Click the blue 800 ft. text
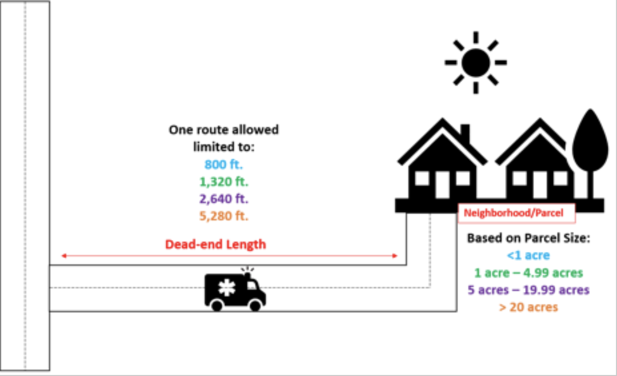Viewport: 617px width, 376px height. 223,165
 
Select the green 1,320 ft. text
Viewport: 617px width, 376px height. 223,182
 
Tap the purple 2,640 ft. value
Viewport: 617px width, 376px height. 223,199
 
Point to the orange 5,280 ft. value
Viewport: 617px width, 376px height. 223,216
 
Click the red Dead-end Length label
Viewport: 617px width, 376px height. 216,244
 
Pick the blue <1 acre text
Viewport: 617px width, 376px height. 528,255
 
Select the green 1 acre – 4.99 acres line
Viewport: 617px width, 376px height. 528,273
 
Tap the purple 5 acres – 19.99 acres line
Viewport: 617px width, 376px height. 528,290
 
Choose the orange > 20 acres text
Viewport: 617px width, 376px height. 528,307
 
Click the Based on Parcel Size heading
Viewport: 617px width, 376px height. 528,238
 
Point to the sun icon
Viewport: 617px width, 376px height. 475,62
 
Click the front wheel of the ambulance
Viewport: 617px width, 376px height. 255,305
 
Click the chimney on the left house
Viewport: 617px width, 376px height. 465,134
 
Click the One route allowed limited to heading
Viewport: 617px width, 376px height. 223,138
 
